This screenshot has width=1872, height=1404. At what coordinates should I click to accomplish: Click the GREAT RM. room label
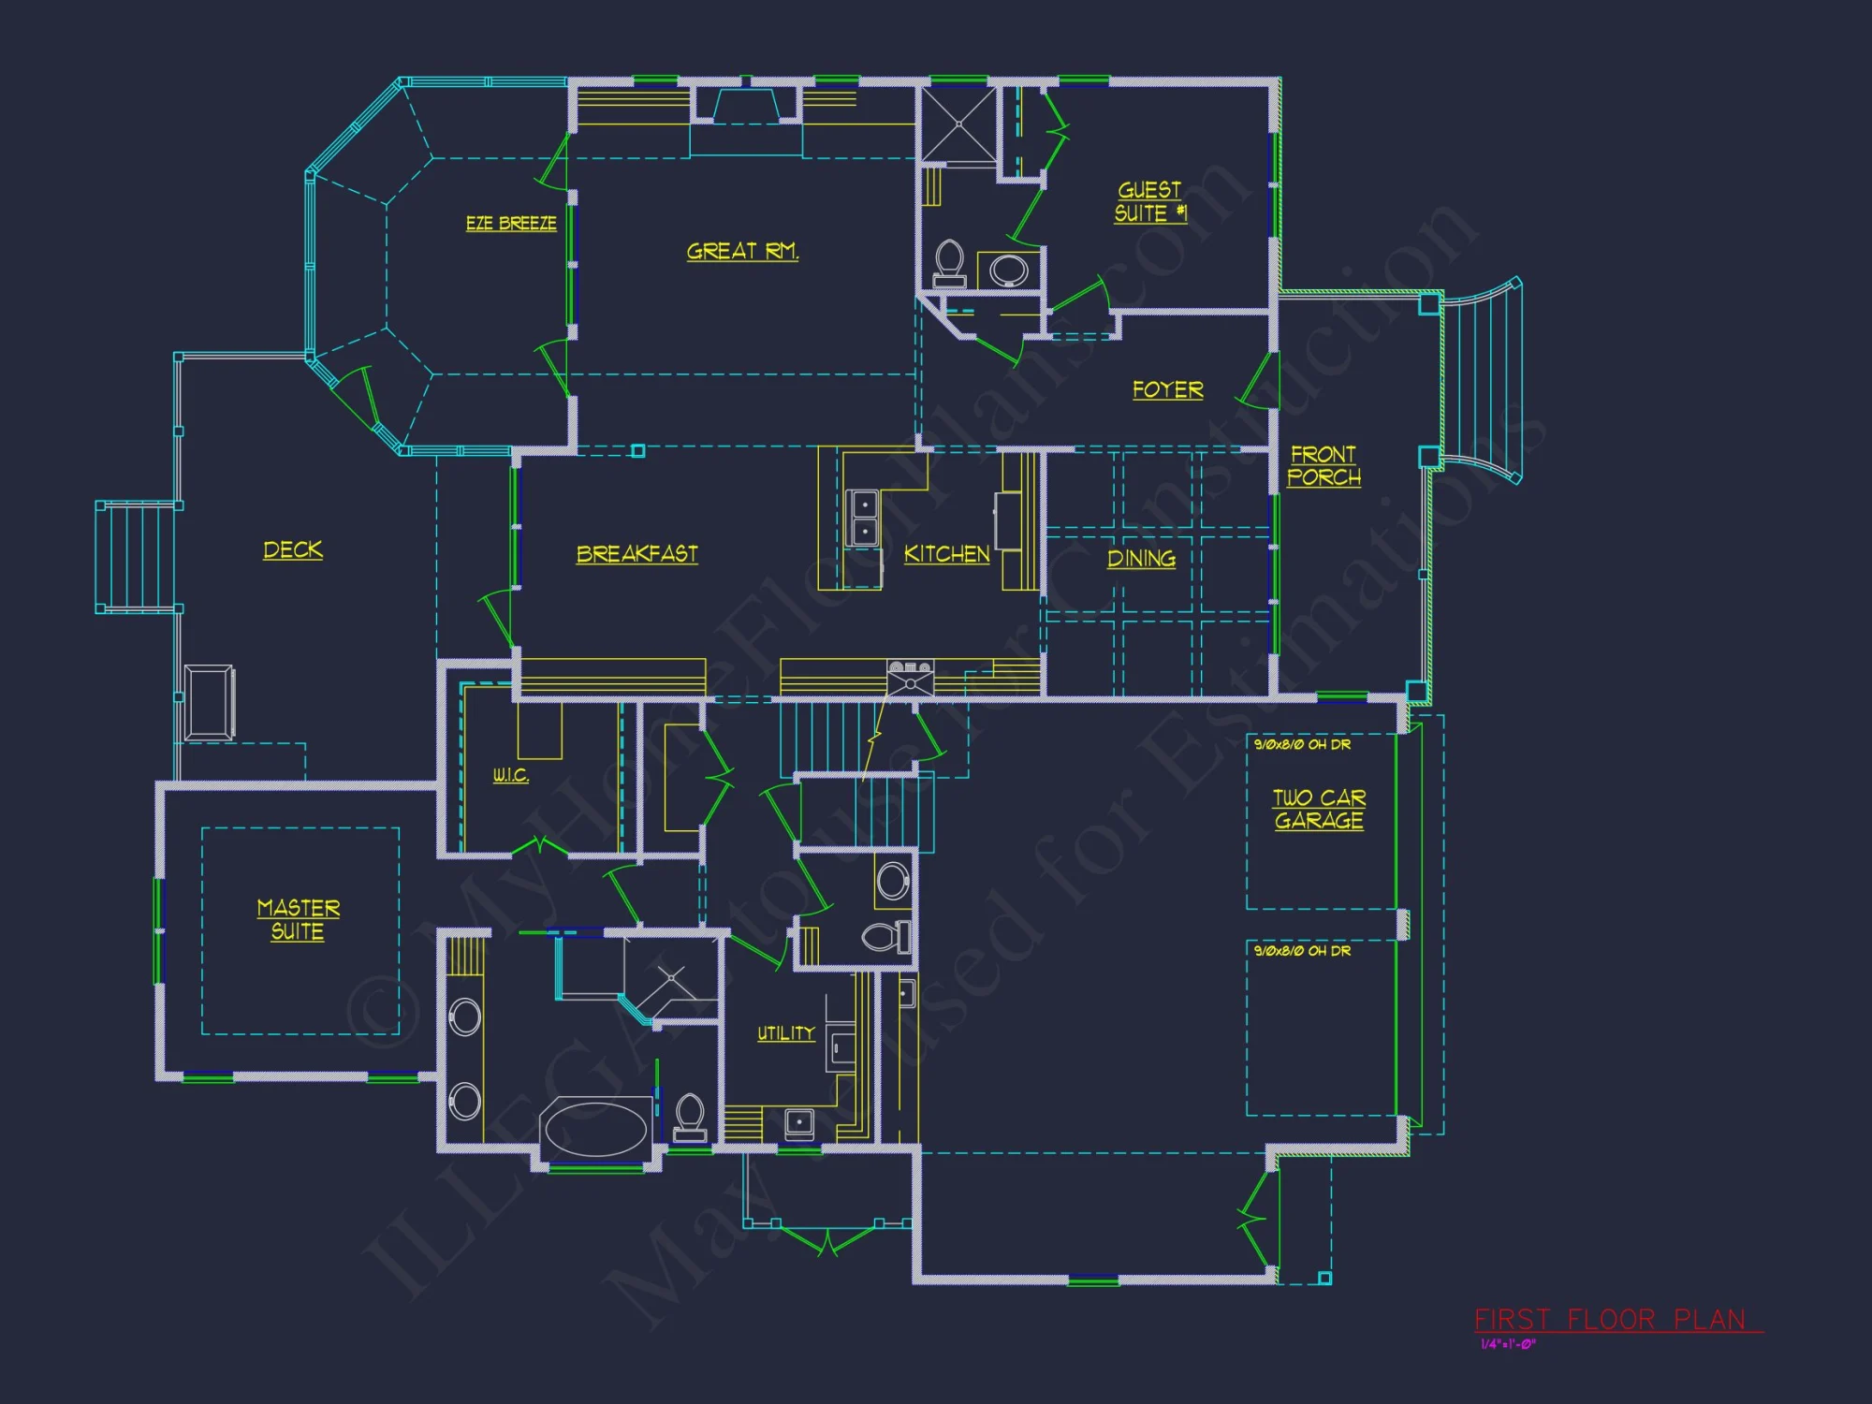[742, 251]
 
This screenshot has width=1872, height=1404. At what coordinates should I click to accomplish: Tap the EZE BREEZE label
[511, 223]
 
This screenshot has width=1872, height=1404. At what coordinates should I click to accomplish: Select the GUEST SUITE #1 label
[1149, 202]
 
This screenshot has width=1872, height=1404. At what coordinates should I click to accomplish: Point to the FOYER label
[1167, 389]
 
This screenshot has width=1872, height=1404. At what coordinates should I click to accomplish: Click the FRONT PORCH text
[1324, 465]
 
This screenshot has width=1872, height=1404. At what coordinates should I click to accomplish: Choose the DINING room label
[1141, 559]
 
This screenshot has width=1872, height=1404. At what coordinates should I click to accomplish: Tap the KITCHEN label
[946, 554]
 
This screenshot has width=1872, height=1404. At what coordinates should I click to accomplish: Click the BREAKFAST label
[636, 554]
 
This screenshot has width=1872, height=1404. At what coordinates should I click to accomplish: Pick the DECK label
[293, 549]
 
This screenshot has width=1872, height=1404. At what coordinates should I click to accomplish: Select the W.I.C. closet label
[511, 775]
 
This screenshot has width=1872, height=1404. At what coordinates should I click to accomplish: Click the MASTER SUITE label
[298, 919]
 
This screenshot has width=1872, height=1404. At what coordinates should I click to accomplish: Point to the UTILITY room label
[785, 1033]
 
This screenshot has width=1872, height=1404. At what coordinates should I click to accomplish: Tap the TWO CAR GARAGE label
[1319, 809]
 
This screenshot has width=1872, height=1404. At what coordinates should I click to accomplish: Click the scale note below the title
[1508, 1345]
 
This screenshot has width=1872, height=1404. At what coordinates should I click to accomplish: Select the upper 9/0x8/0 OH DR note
[1302, 744]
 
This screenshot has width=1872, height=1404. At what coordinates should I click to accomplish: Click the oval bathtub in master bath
[596, 1129]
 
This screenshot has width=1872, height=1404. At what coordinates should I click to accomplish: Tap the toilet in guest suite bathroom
[949, 262]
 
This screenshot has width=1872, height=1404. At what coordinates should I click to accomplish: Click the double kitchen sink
[862, 518]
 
